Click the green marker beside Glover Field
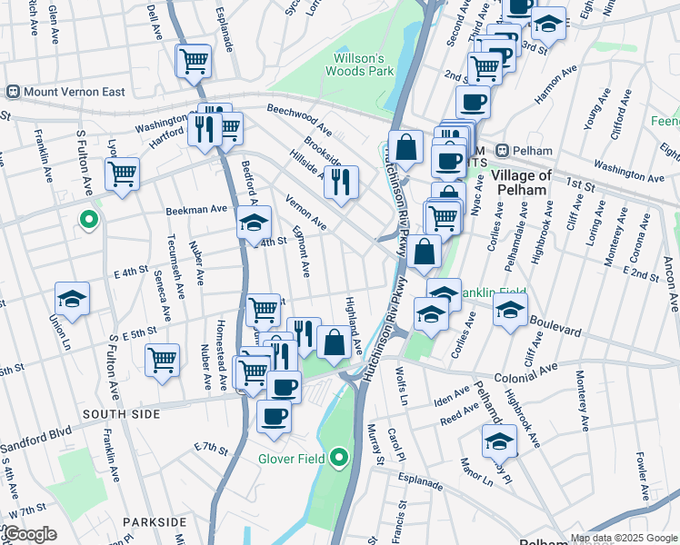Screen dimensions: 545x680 click(x=339, y=457)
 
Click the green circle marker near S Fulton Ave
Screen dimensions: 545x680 click(x=88, y=219)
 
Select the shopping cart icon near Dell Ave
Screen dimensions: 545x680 click(x=194, y=61)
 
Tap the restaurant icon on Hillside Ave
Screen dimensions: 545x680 click(x=341, y=181)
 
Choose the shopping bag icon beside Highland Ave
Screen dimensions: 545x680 click(x=335, y=342)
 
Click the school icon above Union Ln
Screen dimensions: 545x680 click(x=72, y=298)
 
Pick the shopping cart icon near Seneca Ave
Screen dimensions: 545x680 click(x=162, y=359)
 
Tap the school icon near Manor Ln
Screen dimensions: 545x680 click(x=499, y=441)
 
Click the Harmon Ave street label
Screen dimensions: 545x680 click(x=557, y=84)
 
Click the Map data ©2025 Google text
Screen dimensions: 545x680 click(x=623, y=537)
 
